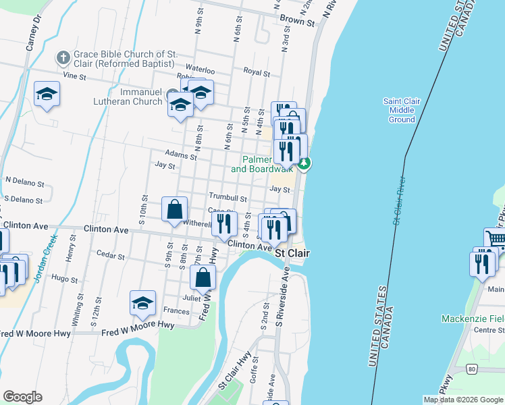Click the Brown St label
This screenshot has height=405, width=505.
[298, 22]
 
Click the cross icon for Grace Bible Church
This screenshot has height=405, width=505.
[63, 58]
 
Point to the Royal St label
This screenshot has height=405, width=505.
[257, 72]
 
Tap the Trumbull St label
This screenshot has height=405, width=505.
[228, 198]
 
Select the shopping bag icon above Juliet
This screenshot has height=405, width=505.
[203, 277]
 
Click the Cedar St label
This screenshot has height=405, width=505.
[111, 256]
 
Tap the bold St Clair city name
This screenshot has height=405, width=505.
[292, 252]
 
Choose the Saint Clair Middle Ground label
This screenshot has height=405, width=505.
[402, 110]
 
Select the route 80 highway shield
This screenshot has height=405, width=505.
[472, 369]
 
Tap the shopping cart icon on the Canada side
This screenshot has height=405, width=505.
[496, 239]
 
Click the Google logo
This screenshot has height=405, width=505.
[22, 397]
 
